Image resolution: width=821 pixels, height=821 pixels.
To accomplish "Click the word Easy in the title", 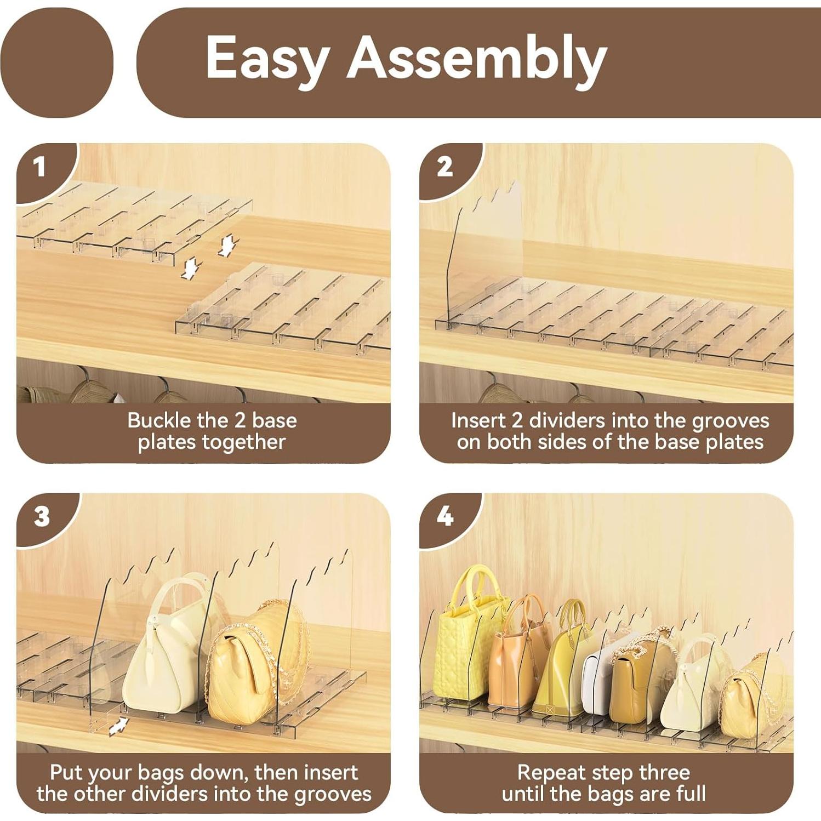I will (x=267, y=58).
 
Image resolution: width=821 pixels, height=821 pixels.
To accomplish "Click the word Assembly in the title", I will (x=477, y=58).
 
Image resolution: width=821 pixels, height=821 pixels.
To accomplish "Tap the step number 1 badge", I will (x=39, y=167).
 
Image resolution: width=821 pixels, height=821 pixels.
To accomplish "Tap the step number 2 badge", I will (x=444, y=167).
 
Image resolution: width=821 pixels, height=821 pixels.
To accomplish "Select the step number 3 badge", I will (x=42, y=516).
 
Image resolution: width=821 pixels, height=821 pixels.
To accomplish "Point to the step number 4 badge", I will (x=445, y=516).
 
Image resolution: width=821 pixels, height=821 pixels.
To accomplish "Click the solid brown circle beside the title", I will (x=57, y=61).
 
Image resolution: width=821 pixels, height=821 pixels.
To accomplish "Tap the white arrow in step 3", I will (x=118, y=727).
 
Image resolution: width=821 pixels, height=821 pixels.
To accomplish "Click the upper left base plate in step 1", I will (x=132, y=219).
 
